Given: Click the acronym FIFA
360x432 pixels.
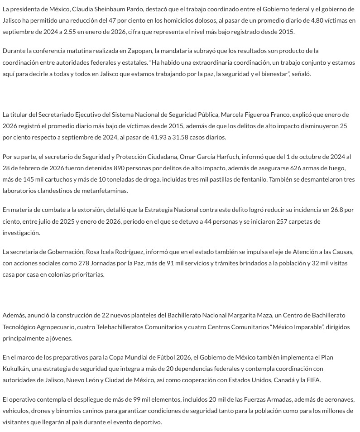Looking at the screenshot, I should click(x=313, y=380).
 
